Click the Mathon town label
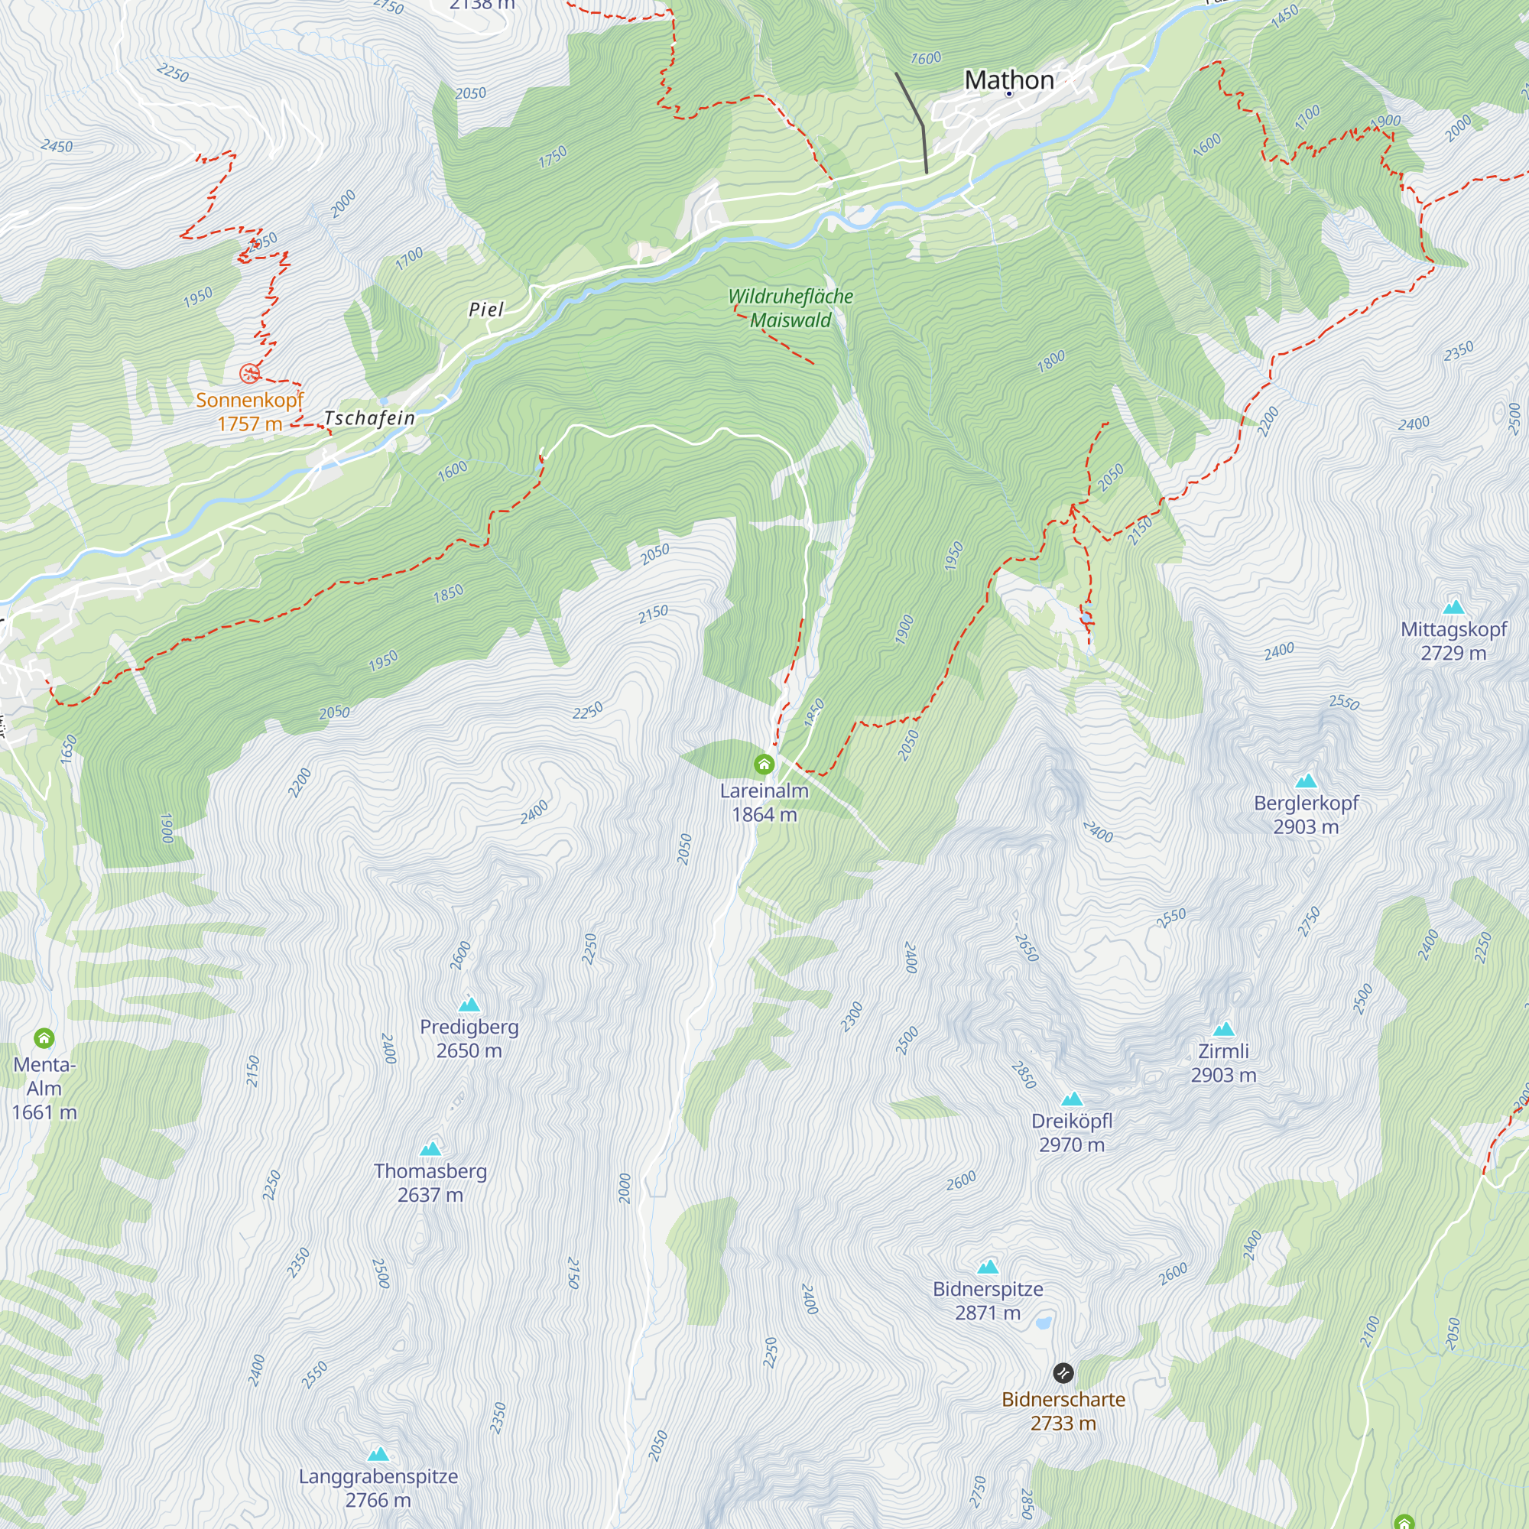click(x=1008, y=80)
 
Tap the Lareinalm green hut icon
click(x=764, y=764)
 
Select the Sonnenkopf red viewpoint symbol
click(x=249, y=373)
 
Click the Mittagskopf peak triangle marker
click(x=1454, y=608)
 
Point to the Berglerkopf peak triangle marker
click(x=1306, y=781)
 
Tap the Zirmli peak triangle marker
click(x=1223, y=1030)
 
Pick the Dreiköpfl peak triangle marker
click(x=1072, y=1099)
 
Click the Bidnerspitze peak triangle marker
click(x=988, y=1267)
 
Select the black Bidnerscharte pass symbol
click(x=1063, y=1372)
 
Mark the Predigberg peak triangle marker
click(x=469, y=1005)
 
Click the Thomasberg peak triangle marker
click(x=430, y=1149)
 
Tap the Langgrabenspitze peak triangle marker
click(x=378, y=1455)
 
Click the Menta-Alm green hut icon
click(x=44, y=1037)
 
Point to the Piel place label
click(x=486, y=310)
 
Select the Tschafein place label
click(x=369, y=418)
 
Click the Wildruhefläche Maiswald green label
click(x=790, y=308)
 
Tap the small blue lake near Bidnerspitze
click(x=1044, y=1322)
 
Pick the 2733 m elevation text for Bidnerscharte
click(x=1063, y=1423)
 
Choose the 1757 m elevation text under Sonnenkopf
click(x=250, y=424)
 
